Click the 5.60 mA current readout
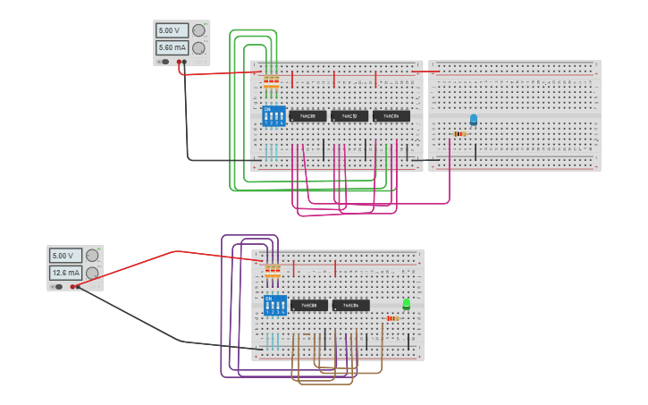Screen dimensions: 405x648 coord(173,47)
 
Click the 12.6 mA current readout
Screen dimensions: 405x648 coord(66,273)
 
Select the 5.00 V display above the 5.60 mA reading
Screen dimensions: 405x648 coord(173,30)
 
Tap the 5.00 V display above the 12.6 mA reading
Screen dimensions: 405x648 coord(66,256)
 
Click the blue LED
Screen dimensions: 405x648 coord(474,119)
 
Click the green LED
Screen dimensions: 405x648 coord(407,304)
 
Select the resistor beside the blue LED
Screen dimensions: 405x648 coord(459,134)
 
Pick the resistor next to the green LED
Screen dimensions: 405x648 coord(392,318)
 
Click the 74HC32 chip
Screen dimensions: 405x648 coord(349,116)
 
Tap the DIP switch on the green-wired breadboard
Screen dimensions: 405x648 coord(274,116)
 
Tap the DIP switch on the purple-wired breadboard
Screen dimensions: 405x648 coord(275,305)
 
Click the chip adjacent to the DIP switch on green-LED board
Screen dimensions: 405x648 coord(308,305)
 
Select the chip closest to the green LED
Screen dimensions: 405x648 coord(350,305)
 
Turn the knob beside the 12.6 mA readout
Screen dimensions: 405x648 coord(92,273)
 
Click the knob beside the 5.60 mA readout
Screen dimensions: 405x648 coord(198,47)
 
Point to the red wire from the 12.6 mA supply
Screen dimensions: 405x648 coord(179,251)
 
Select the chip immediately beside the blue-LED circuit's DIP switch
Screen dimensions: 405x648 coord(307,116)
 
